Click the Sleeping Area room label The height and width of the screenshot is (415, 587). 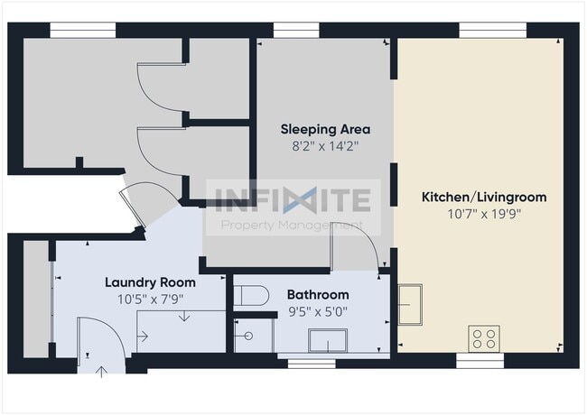325,129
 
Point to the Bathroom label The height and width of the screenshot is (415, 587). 318,295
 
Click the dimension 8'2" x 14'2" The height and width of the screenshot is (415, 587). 325,146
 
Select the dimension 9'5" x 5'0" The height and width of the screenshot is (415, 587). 318,311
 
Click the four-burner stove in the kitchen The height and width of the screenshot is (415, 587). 483,338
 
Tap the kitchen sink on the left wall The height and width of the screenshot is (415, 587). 411,303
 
